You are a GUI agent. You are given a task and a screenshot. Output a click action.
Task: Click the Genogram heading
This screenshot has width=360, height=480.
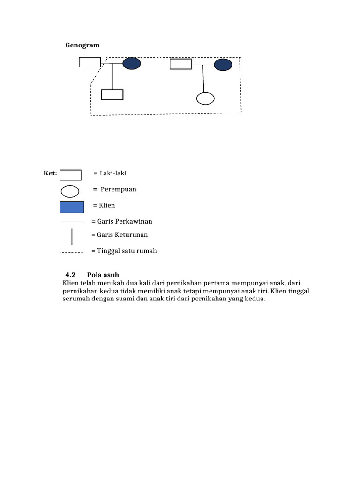tap(82, 45)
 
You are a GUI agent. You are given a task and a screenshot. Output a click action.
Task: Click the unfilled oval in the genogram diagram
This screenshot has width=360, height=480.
tap(205, 98)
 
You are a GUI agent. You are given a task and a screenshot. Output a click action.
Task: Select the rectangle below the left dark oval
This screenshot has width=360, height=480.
tap(112, 94)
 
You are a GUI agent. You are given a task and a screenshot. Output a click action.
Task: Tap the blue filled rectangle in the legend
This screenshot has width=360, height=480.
tap(72, 207)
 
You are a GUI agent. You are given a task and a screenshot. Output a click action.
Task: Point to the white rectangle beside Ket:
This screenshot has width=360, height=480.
tap(70, 174)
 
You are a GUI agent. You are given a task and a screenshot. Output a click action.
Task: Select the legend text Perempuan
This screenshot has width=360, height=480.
tap(118, 189)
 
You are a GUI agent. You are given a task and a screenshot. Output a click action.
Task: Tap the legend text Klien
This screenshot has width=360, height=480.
tap(106, 205)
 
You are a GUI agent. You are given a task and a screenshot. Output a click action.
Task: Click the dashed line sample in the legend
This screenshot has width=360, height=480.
tap(71, 252)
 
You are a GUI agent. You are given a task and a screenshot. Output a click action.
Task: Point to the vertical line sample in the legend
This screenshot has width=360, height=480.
tap(72, 236)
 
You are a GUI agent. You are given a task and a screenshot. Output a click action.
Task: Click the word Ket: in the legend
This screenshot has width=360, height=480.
tap(50, 173)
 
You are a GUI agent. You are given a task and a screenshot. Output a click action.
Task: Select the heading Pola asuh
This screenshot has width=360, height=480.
tap(99, 275)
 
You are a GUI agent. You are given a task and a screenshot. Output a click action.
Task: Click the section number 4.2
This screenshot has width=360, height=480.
tap(70, 275)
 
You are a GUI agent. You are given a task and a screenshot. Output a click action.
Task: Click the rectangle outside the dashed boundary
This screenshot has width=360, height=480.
tap(90, 62)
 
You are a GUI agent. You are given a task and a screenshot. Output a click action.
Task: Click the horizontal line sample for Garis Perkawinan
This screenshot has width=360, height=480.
tap(73, 222)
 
